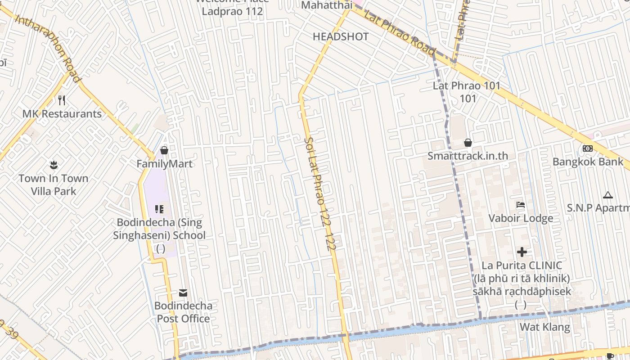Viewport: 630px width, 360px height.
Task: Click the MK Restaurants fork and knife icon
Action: (62, 100)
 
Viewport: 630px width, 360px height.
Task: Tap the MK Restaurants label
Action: (62, 114)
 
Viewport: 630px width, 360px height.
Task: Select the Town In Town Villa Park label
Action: (54, 184)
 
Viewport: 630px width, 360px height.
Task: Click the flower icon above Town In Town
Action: (54, 165)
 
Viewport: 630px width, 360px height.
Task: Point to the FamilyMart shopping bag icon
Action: (164, 150)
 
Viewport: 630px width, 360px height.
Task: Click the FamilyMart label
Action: (164, 164)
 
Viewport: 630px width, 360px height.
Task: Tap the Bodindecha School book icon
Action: (159, 209)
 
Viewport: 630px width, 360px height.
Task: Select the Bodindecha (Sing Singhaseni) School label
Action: (159, 229)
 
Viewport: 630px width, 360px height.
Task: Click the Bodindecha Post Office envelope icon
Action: (183, 293)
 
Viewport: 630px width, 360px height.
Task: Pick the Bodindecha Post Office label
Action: (183, 312)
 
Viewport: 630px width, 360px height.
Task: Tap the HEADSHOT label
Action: (341, 37)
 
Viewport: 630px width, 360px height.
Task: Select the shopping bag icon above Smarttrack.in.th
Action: (468, 143)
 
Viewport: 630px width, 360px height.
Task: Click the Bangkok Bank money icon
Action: (588, 148)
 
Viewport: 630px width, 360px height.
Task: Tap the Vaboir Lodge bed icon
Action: (521, 205)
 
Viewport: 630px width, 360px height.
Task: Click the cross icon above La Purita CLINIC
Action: (522, 252)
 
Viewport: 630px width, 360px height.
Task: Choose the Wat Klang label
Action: (545, 327)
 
